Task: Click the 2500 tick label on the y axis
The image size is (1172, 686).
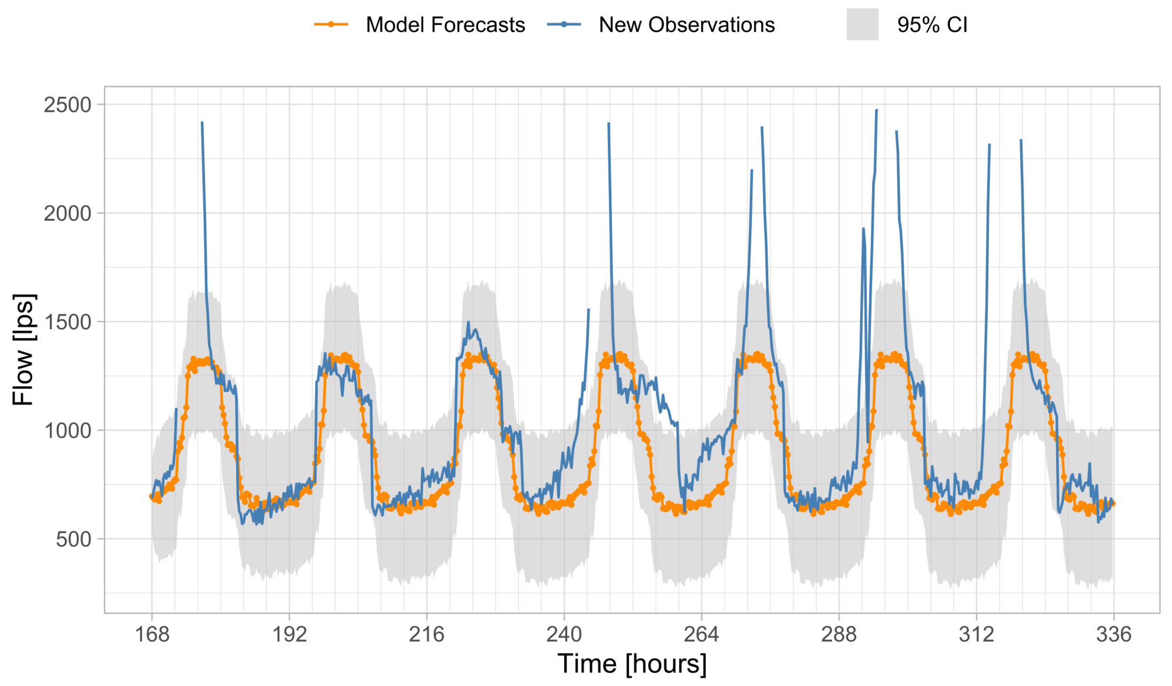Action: point(67,105)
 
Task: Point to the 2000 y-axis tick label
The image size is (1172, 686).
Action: point(67,213)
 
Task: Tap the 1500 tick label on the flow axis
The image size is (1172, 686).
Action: point(67,322)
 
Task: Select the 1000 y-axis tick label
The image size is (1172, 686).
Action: point(67,431)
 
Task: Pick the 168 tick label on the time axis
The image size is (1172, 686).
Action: point(152,634)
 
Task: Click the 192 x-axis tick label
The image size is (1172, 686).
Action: point(289,634)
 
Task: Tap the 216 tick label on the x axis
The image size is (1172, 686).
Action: point(426,634)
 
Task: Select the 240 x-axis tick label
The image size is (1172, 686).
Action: point(564,634)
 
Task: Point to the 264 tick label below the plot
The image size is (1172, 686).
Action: point(701,634)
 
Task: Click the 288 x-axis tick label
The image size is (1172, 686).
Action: point(839,634)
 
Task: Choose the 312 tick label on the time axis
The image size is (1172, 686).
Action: point(976,634)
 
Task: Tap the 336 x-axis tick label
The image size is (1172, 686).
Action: point(1113,634)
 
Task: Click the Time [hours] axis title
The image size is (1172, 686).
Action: point(632,664)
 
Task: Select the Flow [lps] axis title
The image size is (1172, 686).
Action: point(23,350)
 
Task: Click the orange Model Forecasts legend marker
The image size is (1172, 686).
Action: point(331,24)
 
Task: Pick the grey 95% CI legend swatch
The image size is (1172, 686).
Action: point(862,24)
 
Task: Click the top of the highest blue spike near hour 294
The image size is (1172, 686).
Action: point(877,110)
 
